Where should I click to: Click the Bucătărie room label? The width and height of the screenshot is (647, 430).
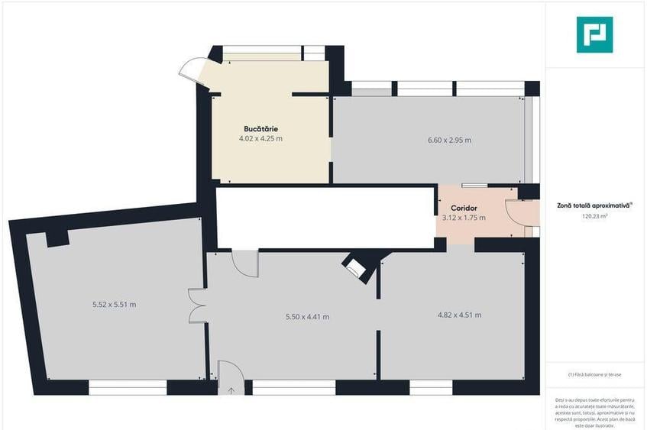pyautogui.click(x=260, y=128)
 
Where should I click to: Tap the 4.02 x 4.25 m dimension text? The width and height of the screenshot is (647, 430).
pyautogui.click(x=260, y=139)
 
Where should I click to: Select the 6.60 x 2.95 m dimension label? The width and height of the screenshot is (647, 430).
pyautogui.click(x=448, y=140)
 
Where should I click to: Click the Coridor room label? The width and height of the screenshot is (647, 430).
pyautogui.click(x=464, y=208)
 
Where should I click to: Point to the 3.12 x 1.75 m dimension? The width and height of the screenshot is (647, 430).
pyautogui.click(x=464, y=218)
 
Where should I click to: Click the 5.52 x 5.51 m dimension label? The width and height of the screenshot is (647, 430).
pyautogui.click(x=114, y=305)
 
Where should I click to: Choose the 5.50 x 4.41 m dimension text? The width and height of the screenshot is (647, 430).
pyautogui.click(x=307, y=317)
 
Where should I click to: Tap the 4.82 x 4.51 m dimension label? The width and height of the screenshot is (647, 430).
pyautogui.click(x=459, y=315)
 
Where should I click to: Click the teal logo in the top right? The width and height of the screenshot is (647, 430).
pyautogui.click(x=594, y=34)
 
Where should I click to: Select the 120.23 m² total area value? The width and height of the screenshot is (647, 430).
pyautogui.click(x=595, y=216)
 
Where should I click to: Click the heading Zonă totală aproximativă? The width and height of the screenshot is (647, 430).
pyautogui.click(x=594, y=205)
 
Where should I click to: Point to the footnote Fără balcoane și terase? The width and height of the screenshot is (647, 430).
pyautogui.click(x=595, y=374)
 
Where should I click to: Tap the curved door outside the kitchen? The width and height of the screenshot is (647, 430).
pyautogui.click(x=192, y=70)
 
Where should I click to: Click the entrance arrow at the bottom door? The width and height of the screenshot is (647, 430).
pyautogui.click(x=231, y=390)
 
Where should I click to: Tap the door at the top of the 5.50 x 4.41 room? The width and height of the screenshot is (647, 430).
pyautogui.click(x=245, y=262)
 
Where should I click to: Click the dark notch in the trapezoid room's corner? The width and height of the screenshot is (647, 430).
pyautogui.click(x=58, y=238)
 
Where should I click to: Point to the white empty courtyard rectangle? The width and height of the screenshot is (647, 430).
pyautogui.click(x=325, y=218)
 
